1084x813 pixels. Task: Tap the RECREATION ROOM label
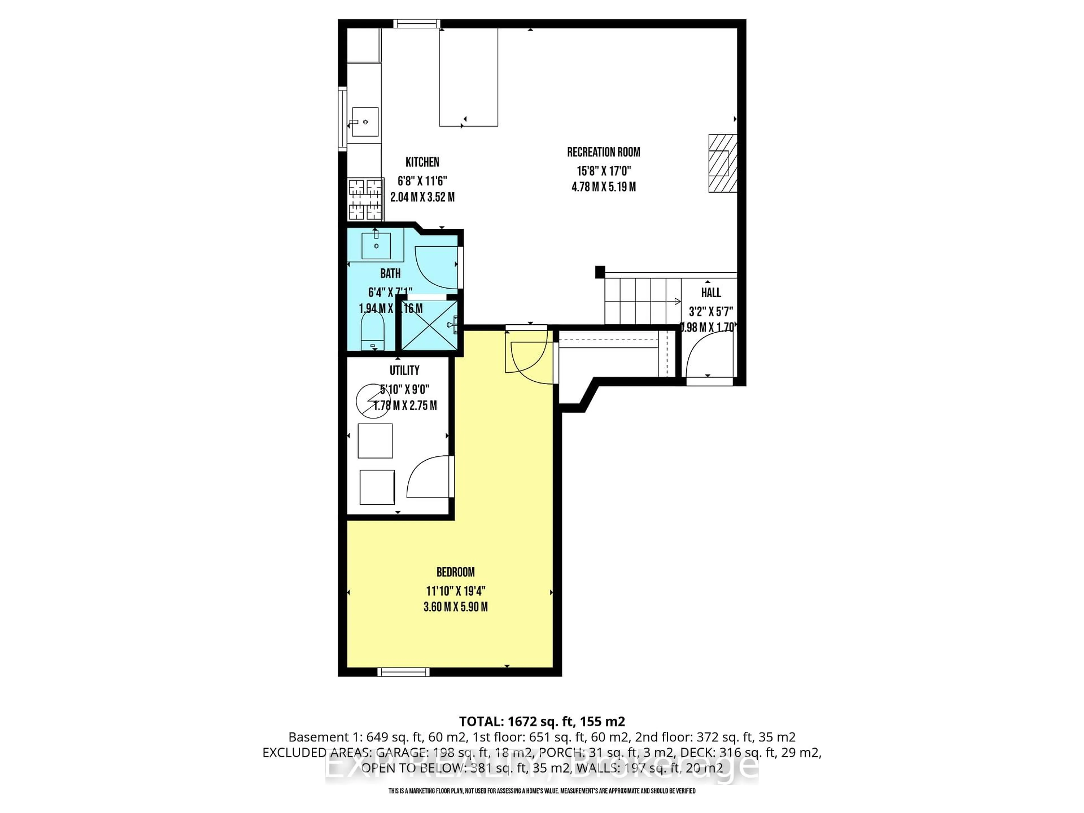(603, 152)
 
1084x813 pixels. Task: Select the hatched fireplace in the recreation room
(722, 163)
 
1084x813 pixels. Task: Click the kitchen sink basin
(365, 122)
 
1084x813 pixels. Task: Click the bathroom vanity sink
(376, 246)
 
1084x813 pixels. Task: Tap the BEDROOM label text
(455, 572)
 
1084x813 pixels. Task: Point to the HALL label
(711, 292)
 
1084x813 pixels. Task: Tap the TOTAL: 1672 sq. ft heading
(541, 721)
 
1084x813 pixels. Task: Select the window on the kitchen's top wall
(417, 23)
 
